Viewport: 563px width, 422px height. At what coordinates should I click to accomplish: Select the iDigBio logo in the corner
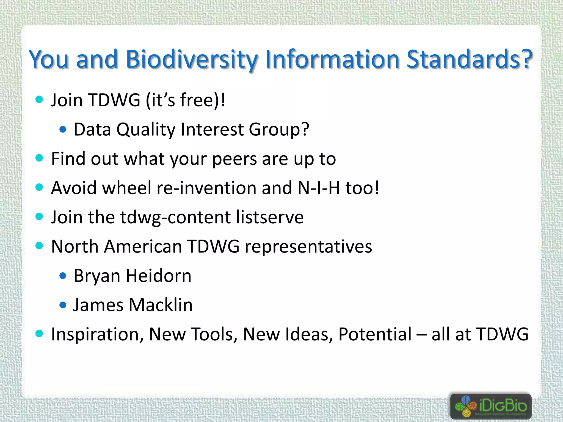coord(491,406)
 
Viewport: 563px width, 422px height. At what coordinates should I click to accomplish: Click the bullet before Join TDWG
coord(39,99)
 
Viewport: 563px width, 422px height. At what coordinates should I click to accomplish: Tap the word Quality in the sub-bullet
coord(146,129)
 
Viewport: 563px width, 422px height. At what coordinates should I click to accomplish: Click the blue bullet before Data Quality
coord(63,129)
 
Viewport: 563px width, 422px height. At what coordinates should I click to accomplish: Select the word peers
coord(234,159)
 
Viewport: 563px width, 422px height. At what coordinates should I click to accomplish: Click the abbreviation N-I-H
coord(319,188)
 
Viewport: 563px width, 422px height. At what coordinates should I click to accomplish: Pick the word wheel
coord(127,188)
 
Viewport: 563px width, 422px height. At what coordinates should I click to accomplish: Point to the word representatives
coord(308,246)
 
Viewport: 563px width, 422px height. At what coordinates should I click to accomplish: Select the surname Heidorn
coord(158,276)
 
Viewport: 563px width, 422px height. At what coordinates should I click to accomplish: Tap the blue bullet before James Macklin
coord(63,305)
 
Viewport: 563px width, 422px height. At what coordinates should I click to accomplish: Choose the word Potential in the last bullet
coord(375,334)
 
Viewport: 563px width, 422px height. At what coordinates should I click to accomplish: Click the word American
coord(143,246)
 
